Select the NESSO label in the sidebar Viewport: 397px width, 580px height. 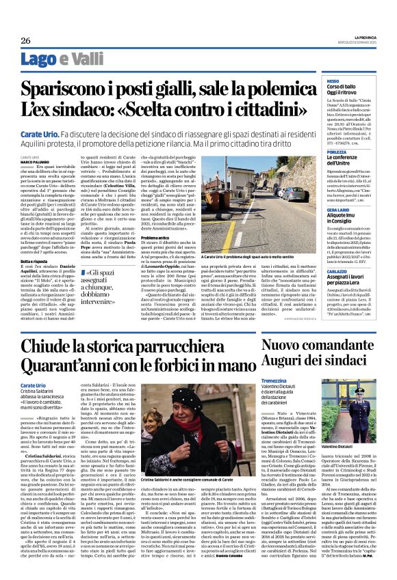coord(314,81)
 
